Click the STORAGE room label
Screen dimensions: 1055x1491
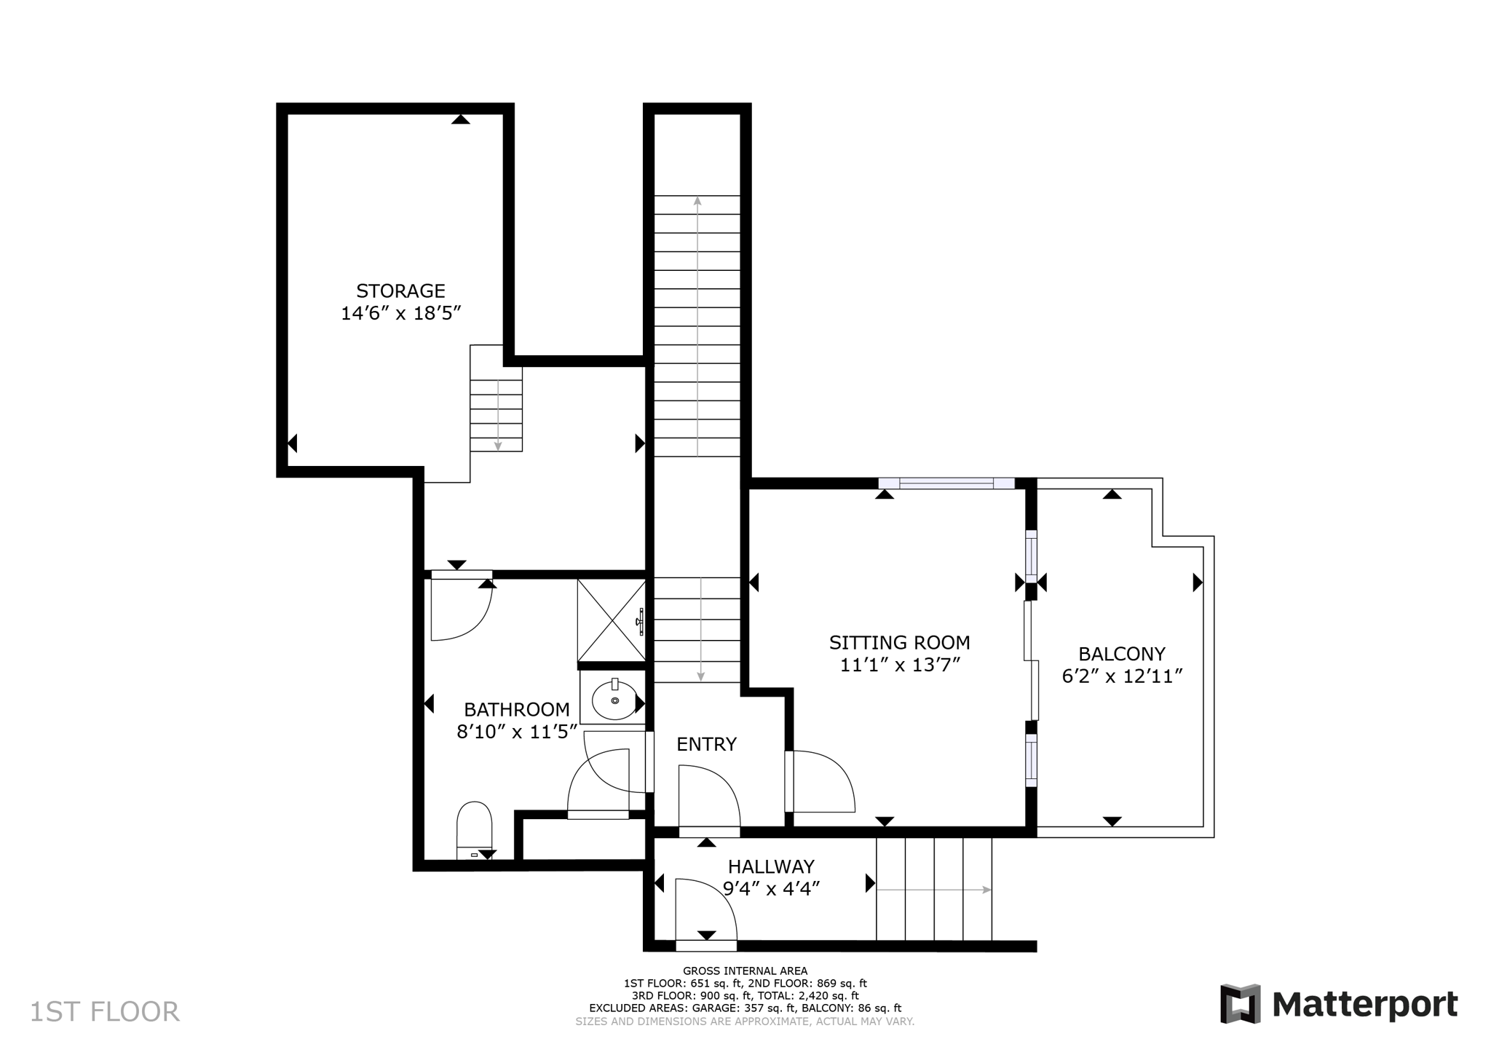pyautogui.click(x=400, y=291)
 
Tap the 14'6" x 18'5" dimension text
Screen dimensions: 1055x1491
pyautogui.click(x=401, y=314)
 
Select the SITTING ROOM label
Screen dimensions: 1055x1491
pyautogui.click(x=899, y=643)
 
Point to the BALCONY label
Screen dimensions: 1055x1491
pyautogui.click(x=1121, y=654)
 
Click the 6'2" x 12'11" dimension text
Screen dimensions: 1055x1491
pyautogui.click(x=1121, y=676)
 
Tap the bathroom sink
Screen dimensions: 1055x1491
pyautogui.click(x=614, y=700)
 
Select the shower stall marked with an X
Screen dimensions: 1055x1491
pyautogui.click(x=612, y=620)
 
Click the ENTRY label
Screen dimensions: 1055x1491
pyautogui.click(x=706, y=744)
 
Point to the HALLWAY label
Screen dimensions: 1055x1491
pyautogui.click(x=771, y=866)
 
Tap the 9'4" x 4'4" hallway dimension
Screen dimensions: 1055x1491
pyautogui.click(x=771, y=889)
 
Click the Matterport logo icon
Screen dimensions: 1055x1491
pyautogui.click(x=1240, y=1004)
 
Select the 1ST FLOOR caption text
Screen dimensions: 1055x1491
pyautogui.click(x=104, y=1012)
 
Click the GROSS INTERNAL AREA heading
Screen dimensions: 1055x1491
pyautogui.click(x=745, y=971)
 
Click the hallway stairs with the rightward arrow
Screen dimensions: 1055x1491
pyautogui.click(x=933, y=889)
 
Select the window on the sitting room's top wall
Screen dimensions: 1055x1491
pyautogui.click(x=946, y=483)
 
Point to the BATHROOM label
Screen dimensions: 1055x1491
pyautogui.click(x=517, y=709)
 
